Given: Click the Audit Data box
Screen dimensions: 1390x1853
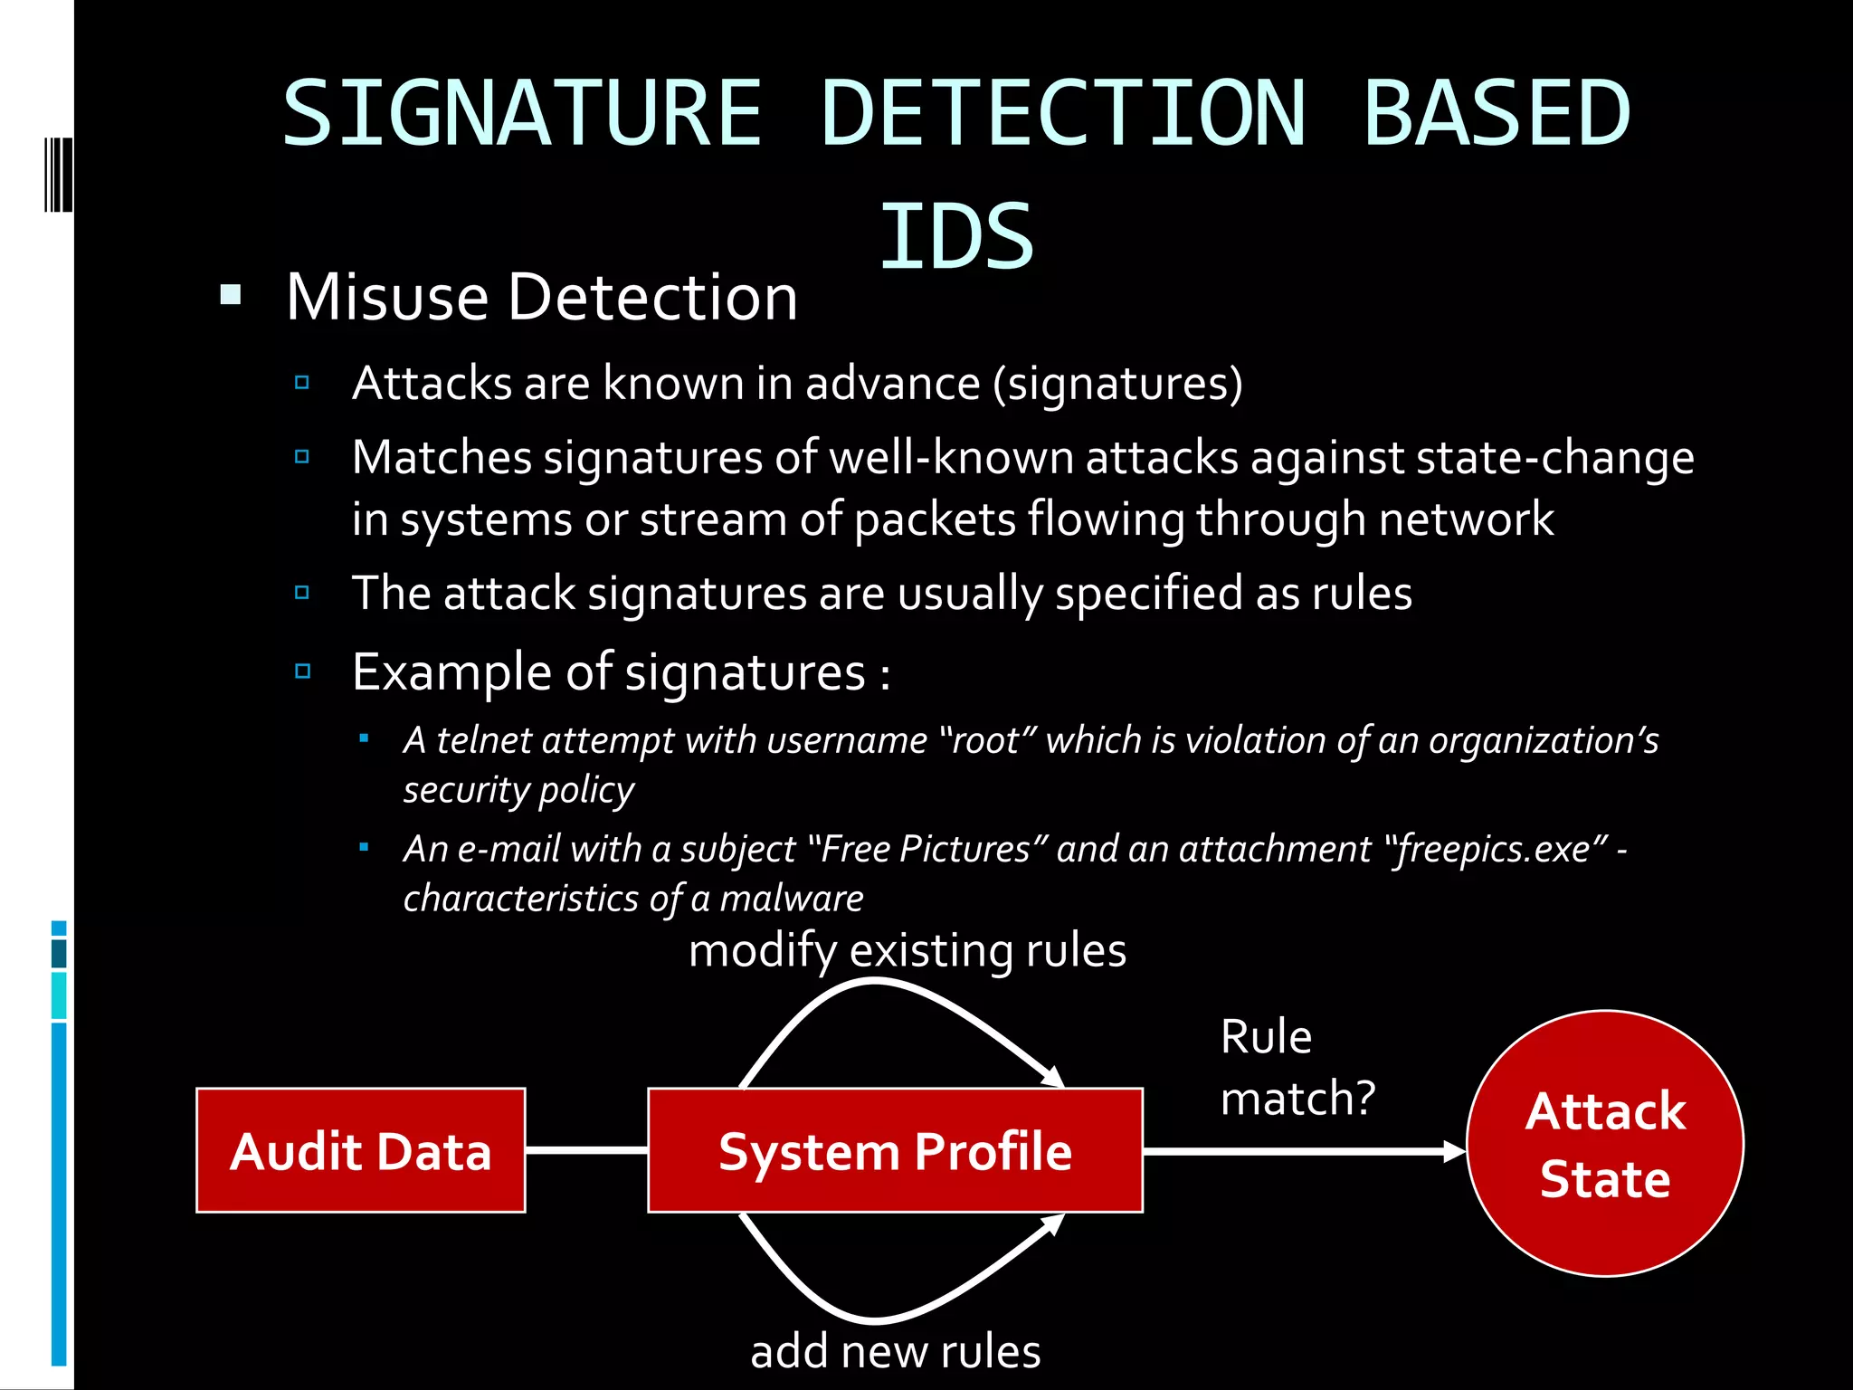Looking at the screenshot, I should tap(360, 1150).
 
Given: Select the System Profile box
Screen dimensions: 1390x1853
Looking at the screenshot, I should tap(895, 1150).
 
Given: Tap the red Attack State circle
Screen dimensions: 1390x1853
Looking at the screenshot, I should tap(1604, 1144).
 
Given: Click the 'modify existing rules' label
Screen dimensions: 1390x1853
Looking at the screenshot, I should tap(907, 950).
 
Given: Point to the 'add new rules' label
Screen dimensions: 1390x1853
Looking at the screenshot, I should tap(895, 1351).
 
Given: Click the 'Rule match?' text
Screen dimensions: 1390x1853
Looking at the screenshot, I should tap(1296, 1067).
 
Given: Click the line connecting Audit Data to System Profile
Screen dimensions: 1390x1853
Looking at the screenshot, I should tap(586, 1150).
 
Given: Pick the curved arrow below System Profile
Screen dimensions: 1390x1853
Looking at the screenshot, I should tap(874, 1318).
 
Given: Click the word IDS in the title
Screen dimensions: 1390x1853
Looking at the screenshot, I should tap(956, 237).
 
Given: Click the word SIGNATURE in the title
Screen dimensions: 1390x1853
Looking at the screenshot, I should tap(522, 113).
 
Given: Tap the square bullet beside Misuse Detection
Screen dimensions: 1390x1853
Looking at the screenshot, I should tap(231, 295).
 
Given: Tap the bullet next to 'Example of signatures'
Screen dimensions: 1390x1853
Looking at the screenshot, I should tap(303, 671).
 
